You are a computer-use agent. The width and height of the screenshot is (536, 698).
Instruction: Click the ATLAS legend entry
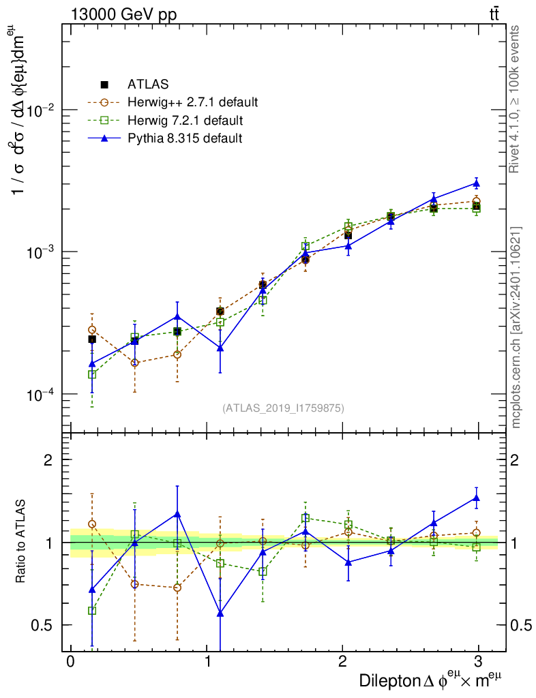click(147, 85)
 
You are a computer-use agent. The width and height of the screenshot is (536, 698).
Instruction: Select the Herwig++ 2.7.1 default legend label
click(192, 103)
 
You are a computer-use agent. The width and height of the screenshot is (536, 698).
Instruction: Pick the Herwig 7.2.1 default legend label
click(184, 121)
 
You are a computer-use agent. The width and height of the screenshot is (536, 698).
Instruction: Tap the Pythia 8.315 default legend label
click(185, 138)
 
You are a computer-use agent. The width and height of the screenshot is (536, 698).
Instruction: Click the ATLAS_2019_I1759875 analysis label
click(283, 408)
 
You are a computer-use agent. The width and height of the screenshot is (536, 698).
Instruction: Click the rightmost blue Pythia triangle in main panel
click(477, 183)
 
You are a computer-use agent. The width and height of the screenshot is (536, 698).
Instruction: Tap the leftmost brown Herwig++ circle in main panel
click(92, 330)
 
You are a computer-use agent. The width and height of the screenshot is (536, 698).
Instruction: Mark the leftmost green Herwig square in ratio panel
click(92, 611)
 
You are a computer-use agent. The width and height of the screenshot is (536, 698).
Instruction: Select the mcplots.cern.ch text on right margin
click(516, 327)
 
